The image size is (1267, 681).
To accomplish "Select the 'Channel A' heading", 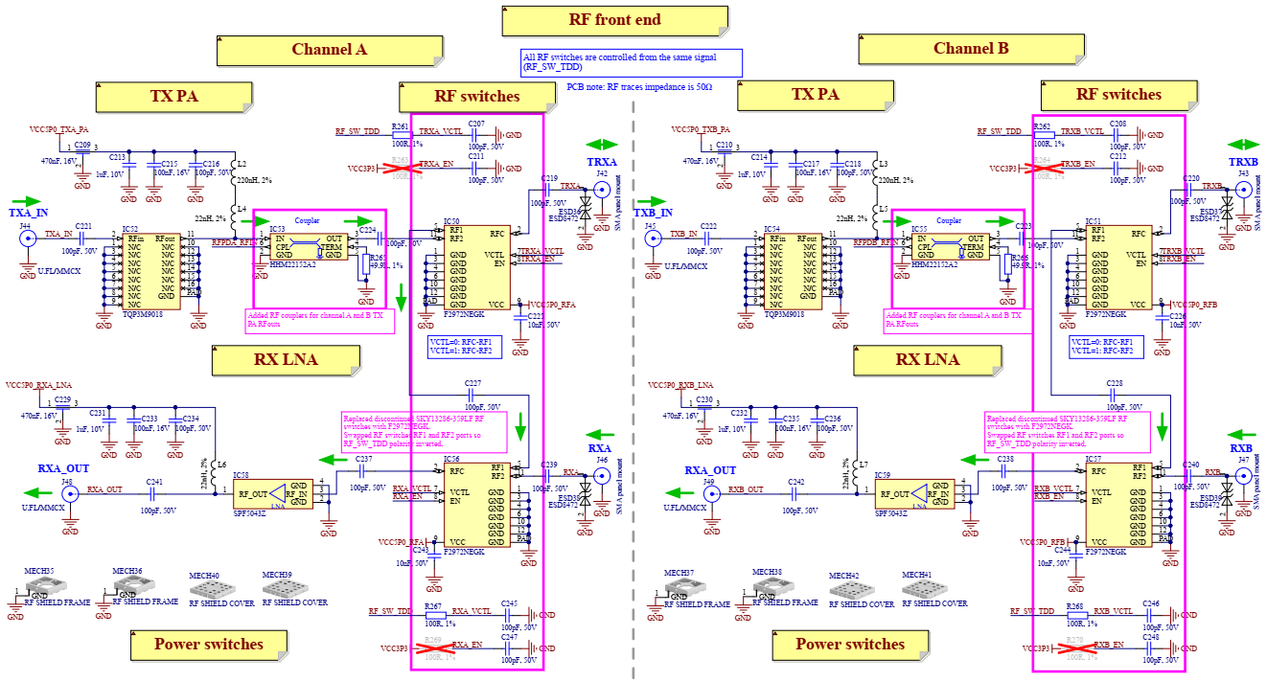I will coord(329,50).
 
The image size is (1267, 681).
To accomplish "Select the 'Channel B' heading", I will coord(971,49).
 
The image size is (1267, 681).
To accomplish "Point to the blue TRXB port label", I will coord(1244,162).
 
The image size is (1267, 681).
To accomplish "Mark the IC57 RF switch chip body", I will coord(1117,506).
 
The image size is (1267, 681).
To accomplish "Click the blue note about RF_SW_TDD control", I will coord(632,63).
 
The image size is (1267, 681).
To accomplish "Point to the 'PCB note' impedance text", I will coord(639,86).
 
